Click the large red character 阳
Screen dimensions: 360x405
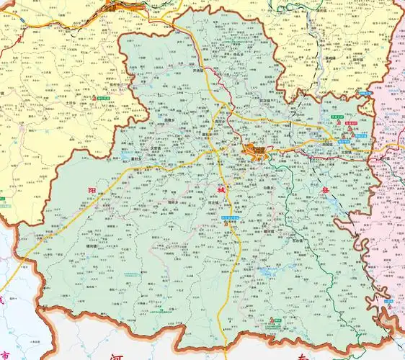(x=91, y=190)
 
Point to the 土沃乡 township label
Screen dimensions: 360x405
(x=92, y=104)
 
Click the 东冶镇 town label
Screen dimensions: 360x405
(x=302, y=240)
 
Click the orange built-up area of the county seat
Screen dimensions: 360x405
(x=255, y=151)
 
